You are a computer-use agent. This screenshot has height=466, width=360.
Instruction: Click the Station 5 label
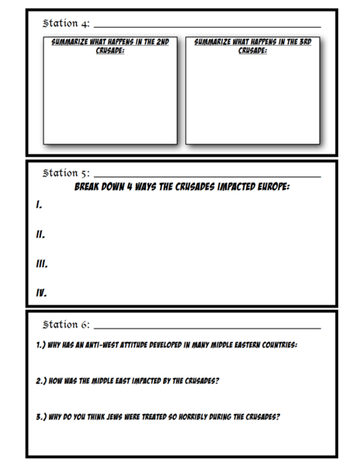click(65, 172)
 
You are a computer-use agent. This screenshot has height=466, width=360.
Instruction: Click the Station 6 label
click(65, 323)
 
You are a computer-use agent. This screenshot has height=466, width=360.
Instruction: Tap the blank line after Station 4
click(206, 27)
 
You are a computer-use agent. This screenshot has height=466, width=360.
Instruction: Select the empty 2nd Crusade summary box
click(109, 97)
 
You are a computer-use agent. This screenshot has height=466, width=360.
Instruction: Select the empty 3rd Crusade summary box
click(252, 97)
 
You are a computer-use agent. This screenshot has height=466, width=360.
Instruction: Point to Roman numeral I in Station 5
click(38, 206)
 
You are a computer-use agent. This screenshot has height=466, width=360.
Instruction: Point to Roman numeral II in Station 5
click(40, 235)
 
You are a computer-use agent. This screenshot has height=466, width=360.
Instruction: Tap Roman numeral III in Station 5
click(42, 264)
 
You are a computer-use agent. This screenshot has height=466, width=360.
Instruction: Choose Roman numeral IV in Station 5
click(42, 294)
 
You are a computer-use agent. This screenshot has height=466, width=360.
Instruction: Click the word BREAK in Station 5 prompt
click(91, 187)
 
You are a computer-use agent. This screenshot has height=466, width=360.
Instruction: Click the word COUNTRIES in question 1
click(275, 345)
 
